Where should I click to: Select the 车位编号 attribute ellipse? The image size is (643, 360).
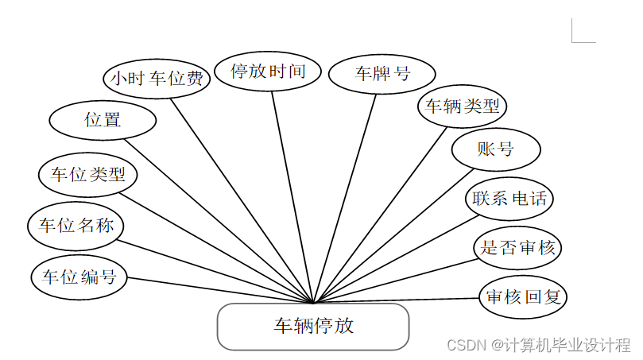tap(79, 277)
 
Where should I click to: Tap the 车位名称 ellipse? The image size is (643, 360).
tap(76, 226)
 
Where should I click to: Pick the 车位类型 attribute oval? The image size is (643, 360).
tap(88, 174)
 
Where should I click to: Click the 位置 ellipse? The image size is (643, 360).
tap(103, 121)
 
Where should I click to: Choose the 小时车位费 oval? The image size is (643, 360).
tap(157, 79)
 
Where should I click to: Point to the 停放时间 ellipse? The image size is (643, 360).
tap(268, 72)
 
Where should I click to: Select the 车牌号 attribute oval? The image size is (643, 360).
tap(382, 75)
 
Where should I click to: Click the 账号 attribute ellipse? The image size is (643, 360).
tap(496, 149)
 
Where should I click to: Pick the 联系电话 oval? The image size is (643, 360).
tap(509, 198)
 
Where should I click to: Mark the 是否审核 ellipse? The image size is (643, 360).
tap(517, 247)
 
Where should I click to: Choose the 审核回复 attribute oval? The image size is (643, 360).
tap(523, 297)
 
